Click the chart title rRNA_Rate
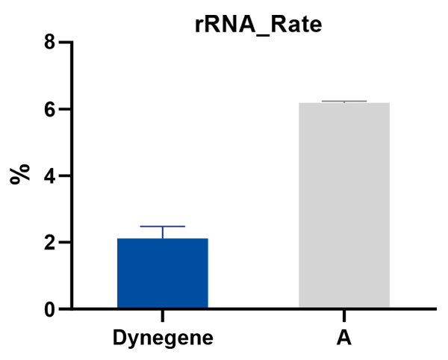click(x=258, y=25)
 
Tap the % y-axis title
click(x=20, y=175)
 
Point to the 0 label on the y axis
click(x=50, y=309)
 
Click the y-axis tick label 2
click(x=50, y=243)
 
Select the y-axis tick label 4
click(x=50, y=176)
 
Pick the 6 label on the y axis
click(x=50, y=109)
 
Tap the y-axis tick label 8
click(x=50, y=43)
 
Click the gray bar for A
click(x=343, y=205)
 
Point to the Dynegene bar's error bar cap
click(x=162, y=226)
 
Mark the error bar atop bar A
click(x=343, y=101)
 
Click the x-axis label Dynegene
click(x=163, y=338)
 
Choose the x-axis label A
click(x=343, y=338)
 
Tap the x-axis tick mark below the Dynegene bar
click(x=162, y=315)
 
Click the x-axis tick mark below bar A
click(x=343, y=315)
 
